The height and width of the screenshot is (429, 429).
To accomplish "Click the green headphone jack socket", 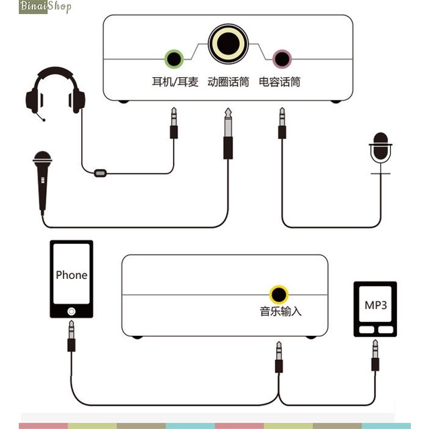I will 174,58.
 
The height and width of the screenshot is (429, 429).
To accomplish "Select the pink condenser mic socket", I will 282,58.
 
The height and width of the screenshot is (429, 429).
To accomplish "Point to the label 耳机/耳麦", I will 175,82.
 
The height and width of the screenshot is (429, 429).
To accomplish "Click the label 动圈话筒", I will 228,82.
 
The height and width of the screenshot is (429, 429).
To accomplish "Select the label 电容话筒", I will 280,82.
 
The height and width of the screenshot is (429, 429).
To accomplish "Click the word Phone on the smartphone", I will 71,275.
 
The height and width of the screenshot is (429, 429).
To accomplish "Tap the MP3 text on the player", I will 375,304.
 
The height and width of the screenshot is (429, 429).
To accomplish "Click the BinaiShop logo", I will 38,7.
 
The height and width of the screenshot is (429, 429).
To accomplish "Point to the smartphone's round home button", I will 71,310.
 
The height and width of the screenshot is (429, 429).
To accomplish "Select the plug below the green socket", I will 174,123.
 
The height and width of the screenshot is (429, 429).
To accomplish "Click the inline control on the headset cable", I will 101,173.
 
